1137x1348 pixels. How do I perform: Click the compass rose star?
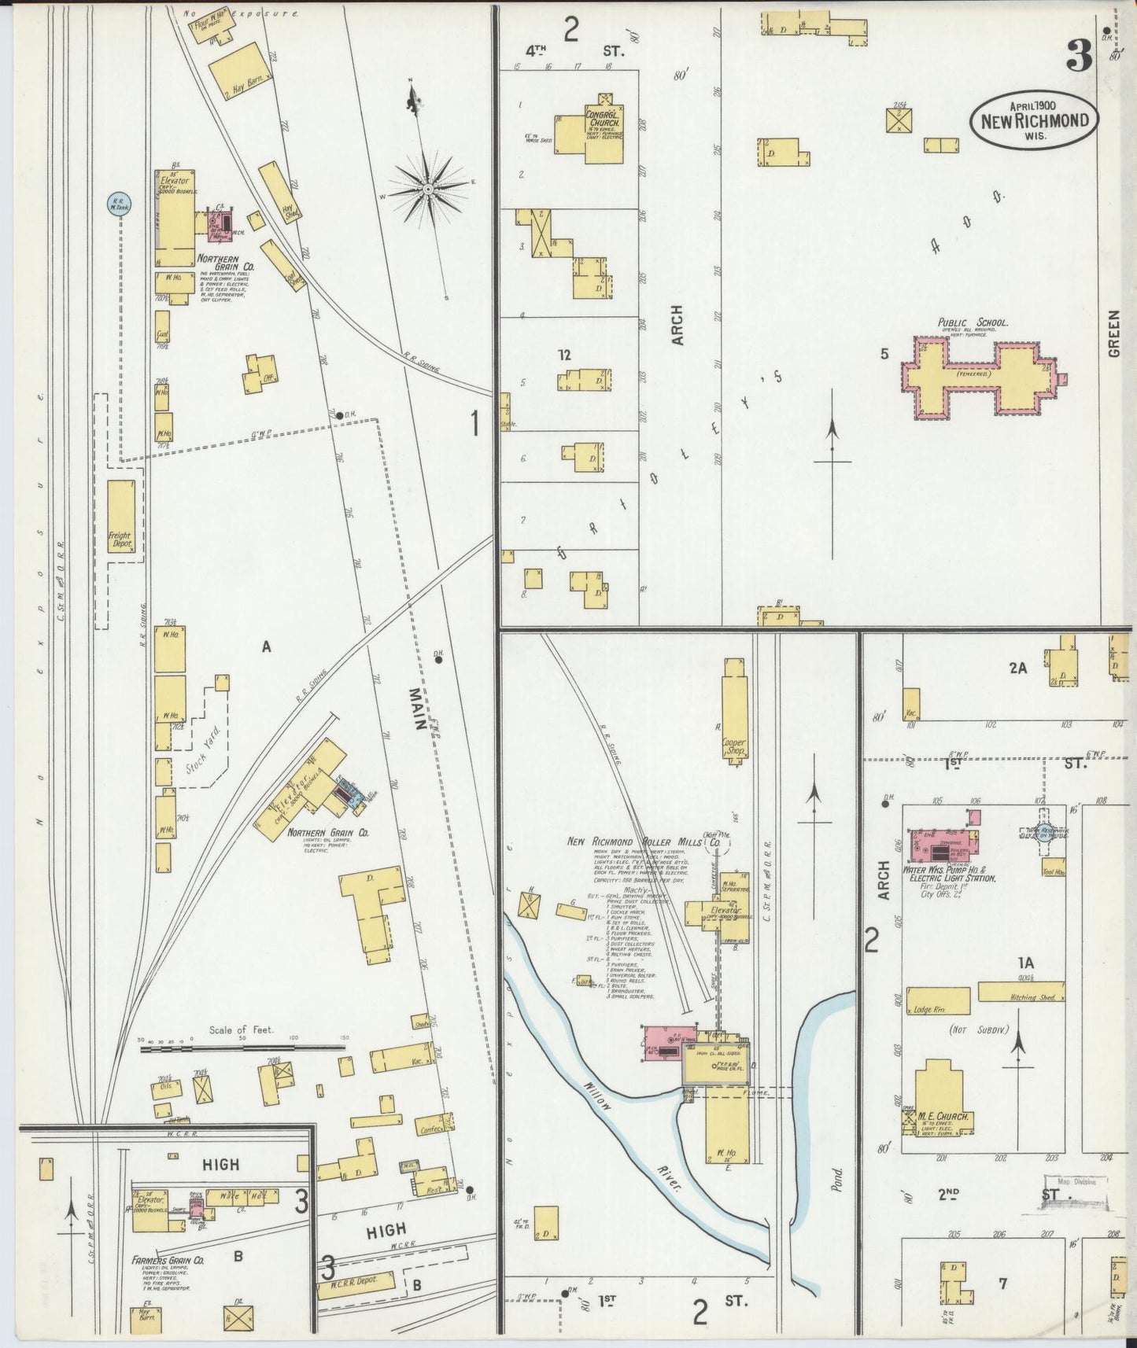[427, 190]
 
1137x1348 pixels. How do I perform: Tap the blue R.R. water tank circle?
[120, 204]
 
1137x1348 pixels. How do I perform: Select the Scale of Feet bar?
[240, 1048]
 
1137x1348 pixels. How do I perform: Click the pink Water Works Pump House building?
[944, 846]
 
